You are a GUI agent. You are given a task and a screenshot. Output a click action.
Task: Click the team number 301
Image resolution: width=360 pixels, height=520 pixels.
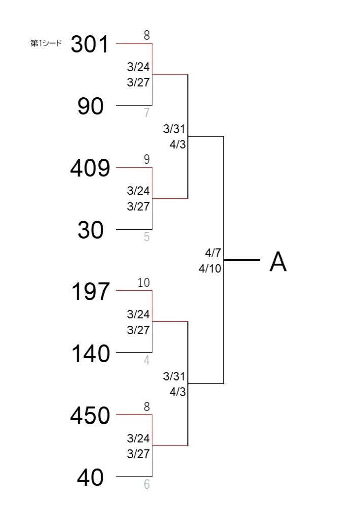coord(89,44)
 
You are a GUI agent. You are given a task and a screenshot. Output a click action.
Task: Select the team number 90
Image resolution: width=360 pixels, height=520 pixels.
coord(90,106)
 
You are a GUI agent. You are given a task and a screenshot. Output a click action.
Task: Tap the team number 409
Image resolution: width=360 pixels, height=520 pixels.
coord(90,168)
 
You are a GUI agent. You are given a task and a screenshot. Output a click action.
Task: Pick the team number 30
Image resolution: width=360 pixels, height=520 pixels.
coord(90,230)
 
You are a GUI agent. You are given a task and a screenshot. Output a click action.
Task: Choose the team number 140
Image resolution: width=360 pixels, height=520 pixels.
coord(90,353)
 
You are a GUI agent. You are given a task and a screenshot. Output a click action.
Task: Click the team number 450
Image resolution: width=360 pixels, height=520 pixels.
coord(90,415)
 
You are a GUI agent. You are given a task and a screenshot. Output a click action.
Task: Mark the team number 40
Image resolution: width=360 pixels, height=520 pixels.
coord(90,477)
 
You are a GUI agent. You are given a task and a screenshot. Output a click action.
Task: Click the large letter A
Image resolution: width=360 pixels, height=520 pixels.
coord(278,262)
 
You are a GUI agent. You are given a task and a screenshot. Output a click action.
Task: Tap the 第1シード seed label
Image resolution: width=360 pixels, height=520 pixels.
coord(46,43)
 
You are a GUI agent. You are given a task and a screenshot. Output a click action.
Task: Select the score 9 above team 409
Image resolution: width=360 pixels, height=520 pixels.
coord(147,159)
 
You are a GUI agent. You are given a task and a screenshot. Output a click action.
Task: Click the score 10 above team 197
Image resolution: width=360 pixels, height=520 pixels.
coord(144,283)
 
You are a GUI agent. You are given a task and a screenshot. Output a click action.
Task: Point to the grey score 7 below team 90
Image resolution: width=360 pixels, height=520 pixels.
coord(147,113)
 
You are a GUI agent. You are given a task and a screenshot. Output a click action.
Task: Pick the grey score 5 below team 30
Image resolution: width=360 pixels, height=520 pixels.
coord(147,237)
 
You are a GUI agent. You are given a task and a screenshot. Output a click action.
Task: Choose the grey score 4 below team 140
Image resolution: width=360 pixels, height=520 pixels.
coord(147,361)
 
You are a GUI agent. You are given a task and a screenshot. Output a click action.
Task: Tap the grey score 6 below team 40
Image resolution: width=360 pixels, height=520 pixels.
coord(147,484)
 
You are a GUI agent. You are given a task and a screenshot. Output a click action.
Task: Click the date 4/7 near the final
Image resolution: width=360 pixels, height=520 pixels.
coord(213,253)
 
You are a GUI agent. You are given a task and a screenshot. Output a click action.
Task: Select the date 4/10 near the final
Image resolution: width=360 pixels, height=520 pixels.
coord(210,268)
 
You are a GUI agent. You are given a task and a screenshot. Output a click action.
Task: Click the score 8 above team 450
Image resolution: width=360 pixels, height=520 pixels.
coord(147,407)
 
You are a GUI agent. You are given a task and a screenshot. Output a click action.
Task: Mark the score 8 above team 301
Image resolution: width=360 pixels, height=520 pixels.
coord(147,35)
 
